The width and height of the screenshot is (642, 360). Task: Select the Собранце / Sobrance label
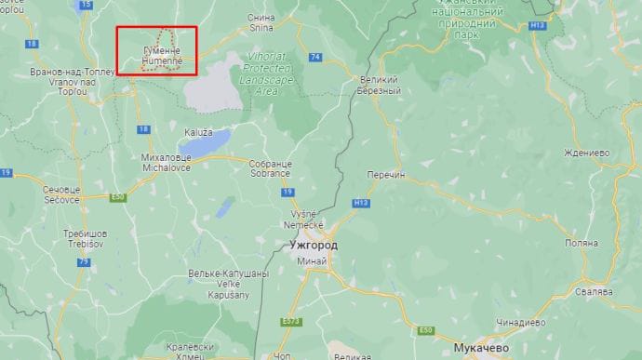tap(270, 168)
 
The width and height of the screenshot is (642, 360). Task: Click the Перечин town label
tap(386, 175)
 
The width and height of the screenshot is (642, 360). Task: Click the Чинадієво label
tap(520, 322)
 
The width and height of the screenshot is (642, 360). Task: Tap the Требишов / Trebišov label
tap(84, 236)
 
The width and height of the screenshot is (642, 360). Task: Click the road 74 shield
tap(315, 57)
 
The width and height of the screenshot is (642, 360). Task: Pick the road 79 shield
tap(85, 262)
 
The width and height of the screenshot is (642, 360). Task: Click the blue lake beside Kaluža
tap(206, 143)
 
